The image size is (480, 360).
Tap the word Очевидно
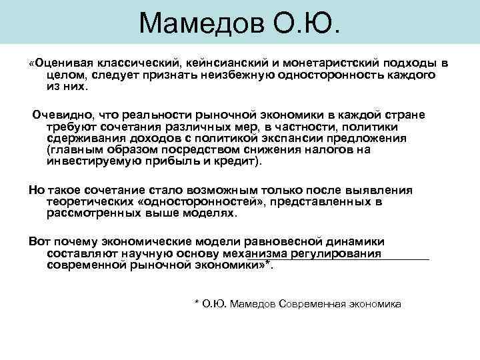61,115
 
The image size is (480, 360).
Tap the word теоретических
89,201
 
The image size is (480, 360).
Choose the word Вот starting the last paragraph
39,241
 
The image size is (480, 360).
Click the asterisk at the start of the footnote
196,303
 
